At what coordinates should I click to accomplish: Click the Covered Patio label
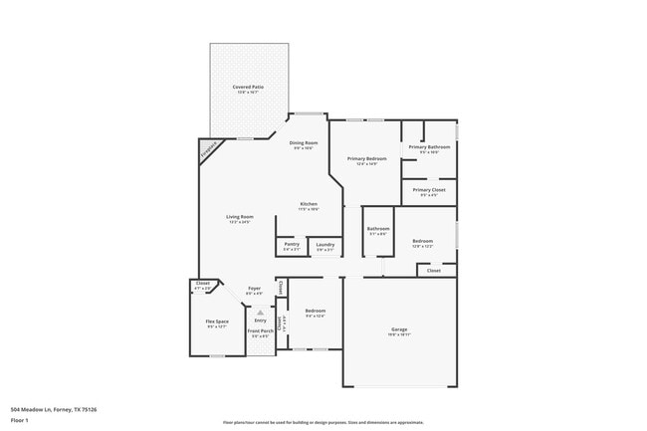pyautogui.click(x=249, y=88)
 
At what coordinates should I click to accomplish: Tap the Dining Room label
pyautogui.click(x=303, y=143)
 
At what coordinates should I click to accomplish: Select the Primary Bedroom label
pyautogui.click(x=366, y=159)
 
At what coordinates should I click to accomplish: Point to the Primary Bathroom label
pyautogui.click(x=429, y=147)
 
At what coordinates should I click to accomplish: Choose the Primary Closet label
pyautogui.click(x=429, y=189)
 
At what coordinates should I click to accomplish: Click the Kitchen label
pyautogui.click(x=310, y=204)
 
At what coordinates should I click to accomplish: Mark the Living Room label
pyautogui.click(x=240, y=217)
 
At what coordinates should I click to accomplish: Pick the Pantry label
pyautogui.click(x=292, y=244)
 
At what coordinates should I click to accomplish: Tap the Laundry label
pyautogui.click(x=324, y=244)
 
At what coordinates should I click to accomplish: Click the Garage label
pyautogui.click(x=399, y=329)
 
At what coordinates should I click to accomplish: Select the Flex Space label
pyautogui.click(x=217, y=322)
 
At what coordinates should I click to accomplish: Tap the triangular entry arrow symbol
pyautogui.click(x=260, y=311)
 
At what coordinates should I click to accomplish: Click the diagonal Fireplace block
pyautogui.click(x=208, y=150)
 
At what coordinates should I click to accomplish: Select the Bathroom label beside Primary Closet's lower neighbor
pyautogui.click(x=378, y=230)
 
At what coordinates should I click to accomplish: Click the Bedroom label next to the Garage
pyautogui.click(x=316, y=311)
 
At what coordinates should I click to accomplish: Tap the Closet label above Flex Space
pyautogui.click(x=203, y=285)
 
